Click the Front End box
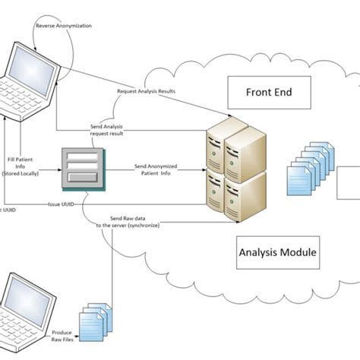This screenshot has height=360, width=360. (x=269, y=95)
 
